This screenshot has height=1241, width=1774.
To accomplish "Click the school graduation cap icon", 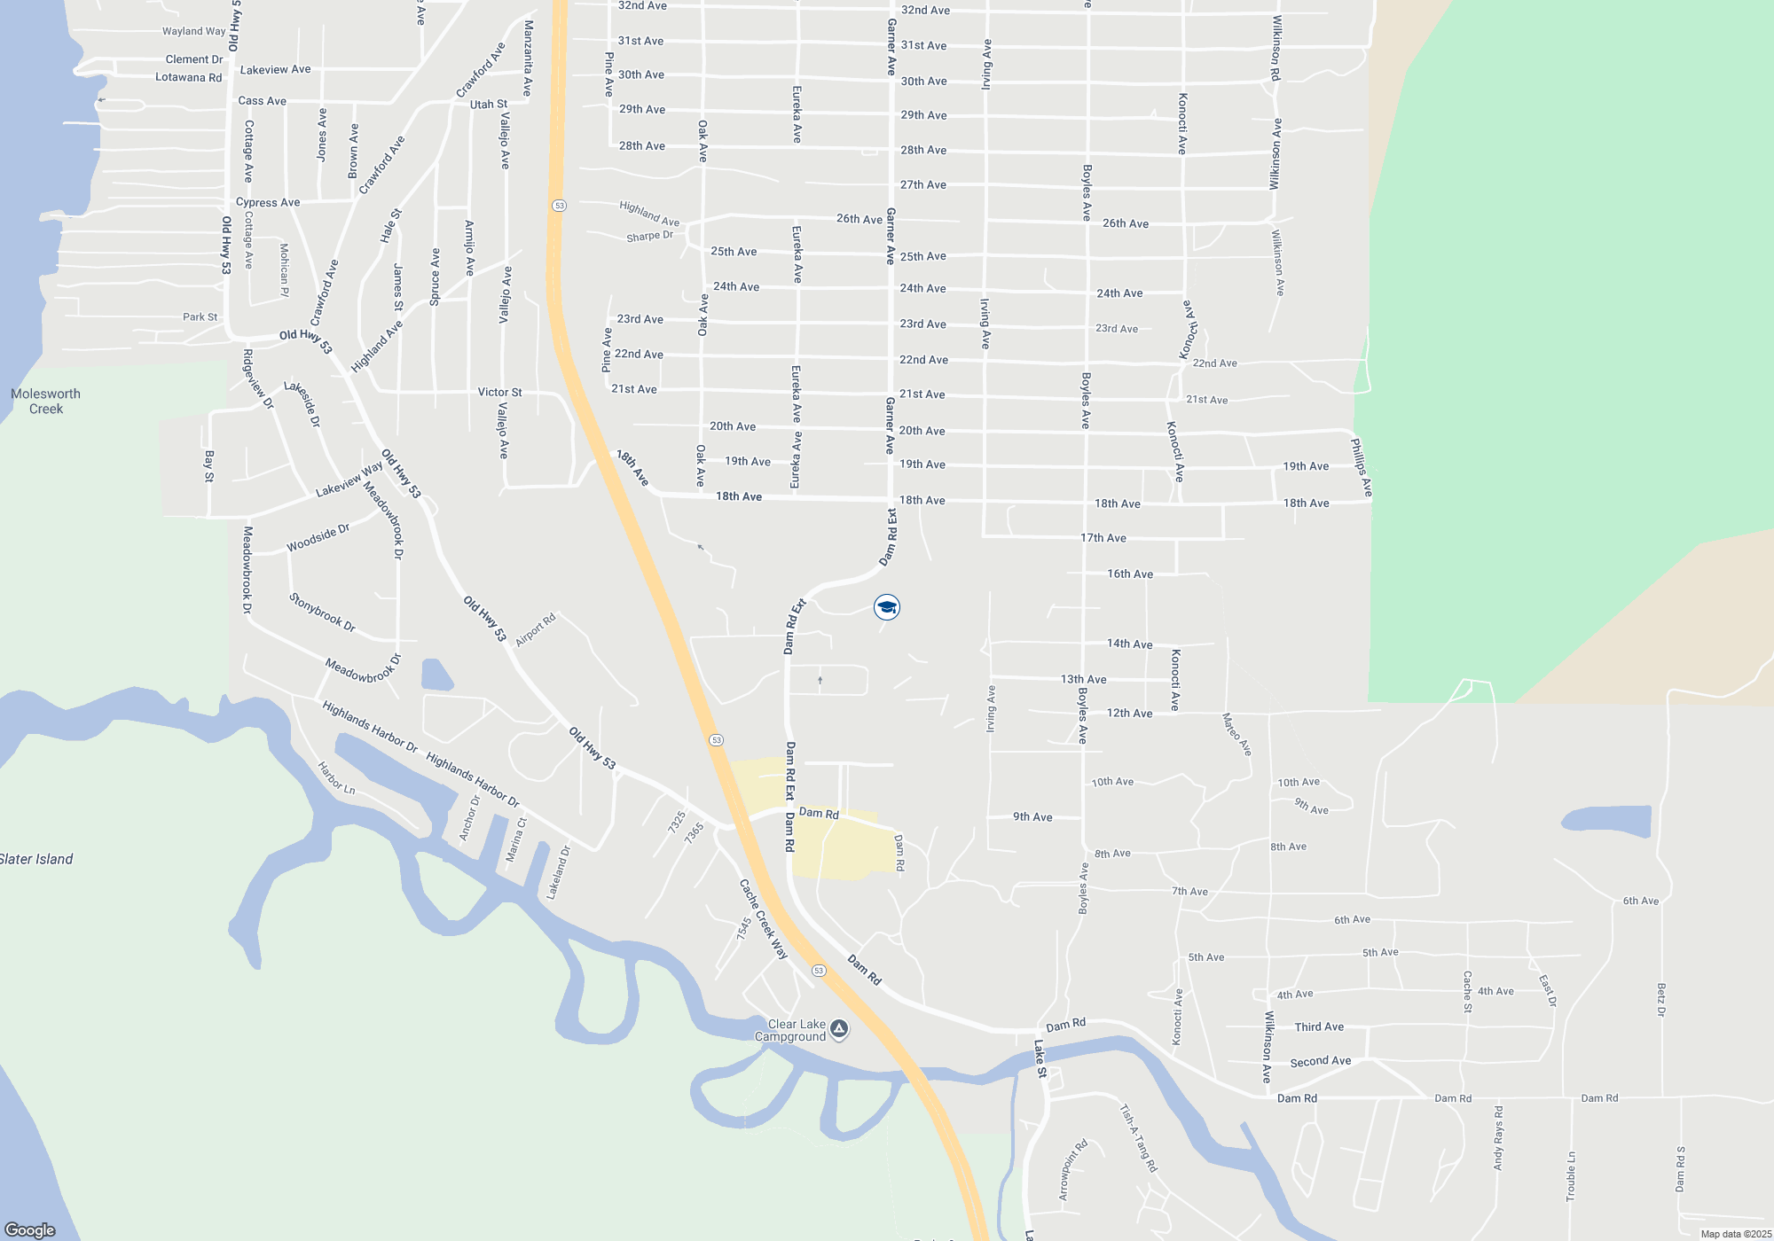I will pos(887,607).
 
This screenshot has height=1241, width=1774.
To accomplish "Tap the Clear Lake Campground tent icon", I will pos(839,1029).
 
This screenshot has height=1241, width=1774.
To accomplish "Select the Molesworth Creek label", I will pos(45,402).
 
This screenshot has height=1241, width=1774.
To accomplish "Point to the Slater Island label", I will pos(36,859).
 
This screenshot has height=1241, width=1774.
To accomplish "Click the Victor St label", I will pos(499,392).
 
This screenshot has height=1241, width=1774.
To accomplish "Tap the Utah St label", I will pos(489,105).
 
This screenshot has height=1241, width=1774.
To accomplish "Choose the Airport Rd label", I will pos(535,629).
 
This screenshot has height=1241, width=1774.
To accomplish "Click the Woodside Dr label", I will pos(318,538).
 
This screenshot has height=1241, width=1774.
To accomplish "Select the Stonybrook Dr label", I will pos(322,613).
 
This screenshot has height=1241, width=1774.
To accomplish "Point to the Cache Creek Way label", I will pos(764,919).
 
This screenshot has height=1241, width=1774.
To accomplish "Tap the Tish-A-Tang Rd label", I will pos(1138,1138).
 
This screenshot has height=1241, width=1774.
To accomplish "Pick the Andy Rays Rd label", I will pos(1498,1137).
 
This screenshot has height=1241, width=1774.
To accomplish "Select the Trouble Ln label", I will pos(1571,1176).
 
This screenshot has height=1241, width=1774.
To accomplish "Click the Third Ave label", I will pos(1319,1026).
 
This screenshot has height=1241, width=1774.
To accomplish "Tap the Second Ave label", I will pos(1321,1061).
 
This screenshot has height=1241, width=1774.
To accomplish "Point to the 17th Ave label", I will pos(1103,538).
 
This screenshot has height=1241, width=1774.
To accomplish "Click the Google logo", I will pos(30,1230).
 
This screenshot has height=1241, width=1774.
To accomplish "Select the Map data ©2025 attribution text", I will pos(1736,1234).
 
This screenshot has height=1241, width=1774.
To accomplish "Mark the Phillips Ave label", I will pos(1362,467).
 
